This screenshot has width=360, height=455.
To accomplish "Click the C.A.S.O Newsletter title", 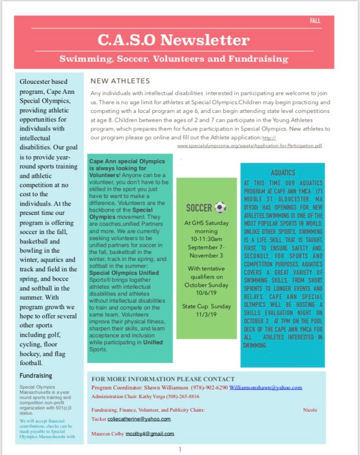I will tap(174, 40).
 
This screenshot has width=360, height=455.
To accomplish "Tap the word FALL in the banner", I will tap(315, 21).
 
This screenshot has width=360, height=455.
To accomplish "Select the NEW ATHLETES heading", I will tap(120, 81).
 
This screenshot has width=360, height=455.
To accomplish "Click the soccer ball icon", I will tap(220, 207).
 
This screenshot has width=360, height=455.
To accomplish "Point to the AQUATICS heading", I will tap(283, 173).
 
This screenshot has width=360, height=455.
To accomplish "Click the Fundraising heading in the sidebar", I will tap(36, 376).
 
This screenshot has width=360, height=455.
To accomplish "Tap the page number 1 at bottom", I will tap(179, 450).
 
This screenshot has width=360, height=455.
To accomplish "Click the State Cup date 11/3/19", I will tap(207, 315).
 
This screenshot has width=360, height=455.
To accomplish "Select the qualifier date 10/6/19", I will tap(206, 292).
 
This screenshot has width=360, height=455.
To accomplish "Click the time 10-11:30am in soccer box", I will tap(206, 240).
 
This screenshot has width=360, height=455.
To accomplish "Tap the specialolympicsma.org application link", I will tap(250, 146).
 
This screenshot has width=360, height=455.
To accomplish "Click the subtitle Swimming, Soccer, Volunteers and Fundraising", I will tap(174, 58).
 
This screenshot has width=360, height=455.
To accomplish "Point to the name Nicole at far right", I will tap(310, 410).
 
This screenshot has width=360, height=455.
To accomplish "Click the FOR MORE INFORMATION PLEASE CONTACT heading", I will tap(163, 379).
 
